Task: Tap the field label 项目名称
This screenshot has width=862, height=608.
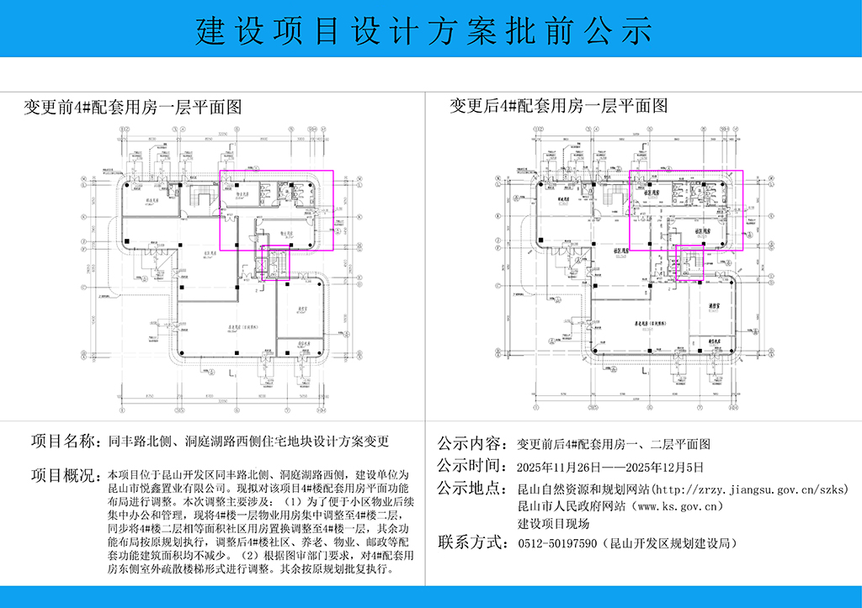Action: coord(65,441)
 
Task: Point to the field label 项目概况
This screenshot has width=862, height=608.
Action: coord(65,475)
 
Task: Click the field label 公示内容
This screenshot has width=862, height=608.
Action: coord(471,443)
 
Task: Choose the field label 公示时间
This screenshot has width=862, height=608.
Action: coord(471,466)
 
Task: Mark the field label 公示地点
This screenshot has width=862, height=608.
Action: coord(471,489)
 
